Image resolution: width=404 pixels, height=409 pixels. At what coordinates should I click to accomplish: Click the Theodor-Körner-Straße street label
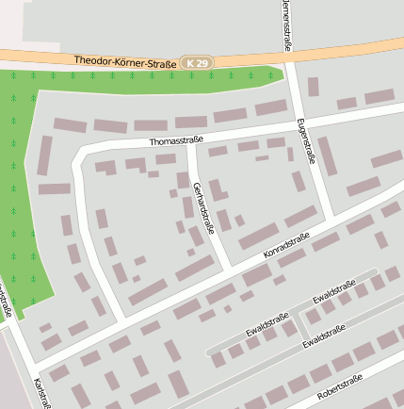point(125,61)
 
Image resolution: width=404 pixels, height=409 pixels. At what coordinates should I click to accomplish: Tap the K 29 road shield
point(199,62)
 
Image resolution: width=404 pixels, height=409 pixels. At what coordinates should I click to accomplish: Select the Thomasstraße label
point(176,141)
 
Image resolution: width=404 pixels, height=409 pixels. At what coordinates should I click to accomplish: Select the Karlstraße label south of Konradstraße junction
point(40,394)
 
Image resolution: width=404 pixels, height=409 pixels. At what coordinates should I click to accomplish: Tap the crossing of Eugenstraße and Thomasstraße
point(299,117)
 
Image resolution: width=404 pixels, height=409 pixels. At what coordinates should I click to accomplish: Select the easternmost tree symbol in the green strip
point(271,74)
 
